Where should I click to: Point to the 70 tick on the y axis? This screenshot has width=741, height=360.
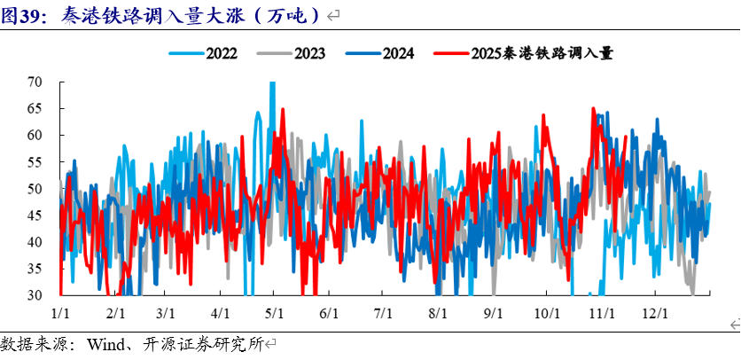pos(35,82)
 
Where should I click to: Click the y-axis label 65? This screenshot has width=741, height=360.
pos(35,108)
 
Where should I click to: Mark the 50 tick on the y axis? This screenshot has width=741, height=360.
pos(35,188)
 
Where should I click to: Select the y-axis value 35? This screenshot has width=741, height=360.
pos(35,268)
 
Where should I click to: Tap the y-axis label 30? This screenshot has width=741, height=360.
pos(35,294)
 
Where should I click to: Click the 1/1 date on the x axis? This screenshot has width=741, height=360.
pos(61,313)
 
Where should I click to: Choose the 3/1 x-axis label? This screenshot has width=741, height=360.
pos(165,313)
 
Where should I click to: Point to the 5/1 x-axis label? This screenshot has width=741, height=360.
pos(274,313)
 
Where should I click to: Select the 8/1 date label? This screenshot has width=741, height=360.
pos(437,313)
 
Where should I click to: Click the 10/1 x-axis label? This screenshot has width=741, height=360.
pos(547,313)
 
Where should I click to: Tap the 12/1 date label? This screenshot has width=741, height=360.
pos(655,313)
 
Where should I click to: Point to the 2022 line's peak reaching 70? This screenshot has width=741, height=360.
pos(272,83)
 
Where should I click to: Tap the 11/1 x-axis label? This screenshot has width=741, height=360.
pos(602,313)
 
